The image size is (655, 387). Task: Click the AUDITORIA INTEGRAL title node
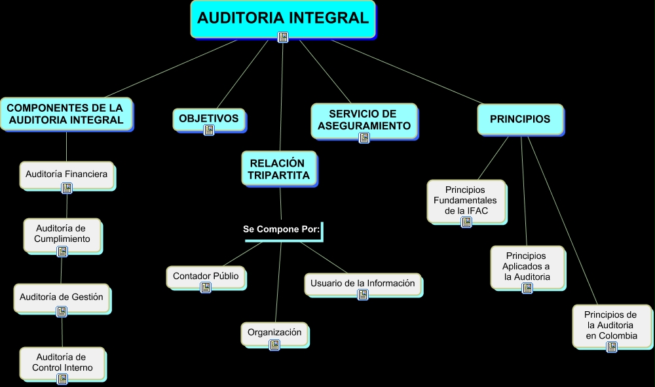(x=283, y=18)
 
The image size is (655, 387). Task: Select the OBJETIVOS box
(x=209, y=118)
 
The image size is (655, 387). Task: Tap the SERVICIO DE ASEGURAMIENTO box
(x=363, y=120)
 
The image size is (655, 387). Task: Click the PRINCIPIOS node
(x=520, y=119)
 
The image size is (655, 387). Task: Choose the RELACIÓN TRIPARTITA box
(x=279, y=169)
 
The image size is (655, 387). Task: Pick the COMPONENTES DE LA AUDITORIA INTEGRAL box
(x=65, y=114)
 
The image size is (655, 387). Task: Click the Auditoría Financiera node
(x=66, y=174)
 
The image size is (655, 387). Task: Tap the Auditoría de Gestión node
(x=62, y=297)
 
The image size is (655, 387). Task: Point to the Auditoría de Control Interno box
(x=62, y=362)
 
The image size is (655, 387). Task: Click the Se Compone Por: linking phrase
(x=281, y=229)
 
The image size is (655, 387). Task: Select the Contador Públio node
(x=206, y=276)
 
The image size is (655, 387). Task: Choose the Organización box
(x=274, y=332)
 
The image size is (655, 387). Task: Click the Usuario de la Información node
(x=362, y=283)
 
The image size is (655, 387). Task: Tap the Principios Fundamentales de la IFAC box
(x=466, y=200)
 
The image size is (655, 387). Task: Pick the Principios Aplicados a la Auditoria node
(x=527, y=266)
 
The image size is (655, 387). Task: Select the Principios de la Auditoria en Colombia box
(x=611, y=325)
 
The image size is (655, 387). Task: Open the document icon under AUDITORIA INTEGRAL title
(x=283, y=37)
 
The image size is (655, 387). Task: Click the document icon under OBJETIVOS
(x=209, y=130)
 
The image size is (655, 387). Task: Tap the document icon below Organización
(x=274, y=345)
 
